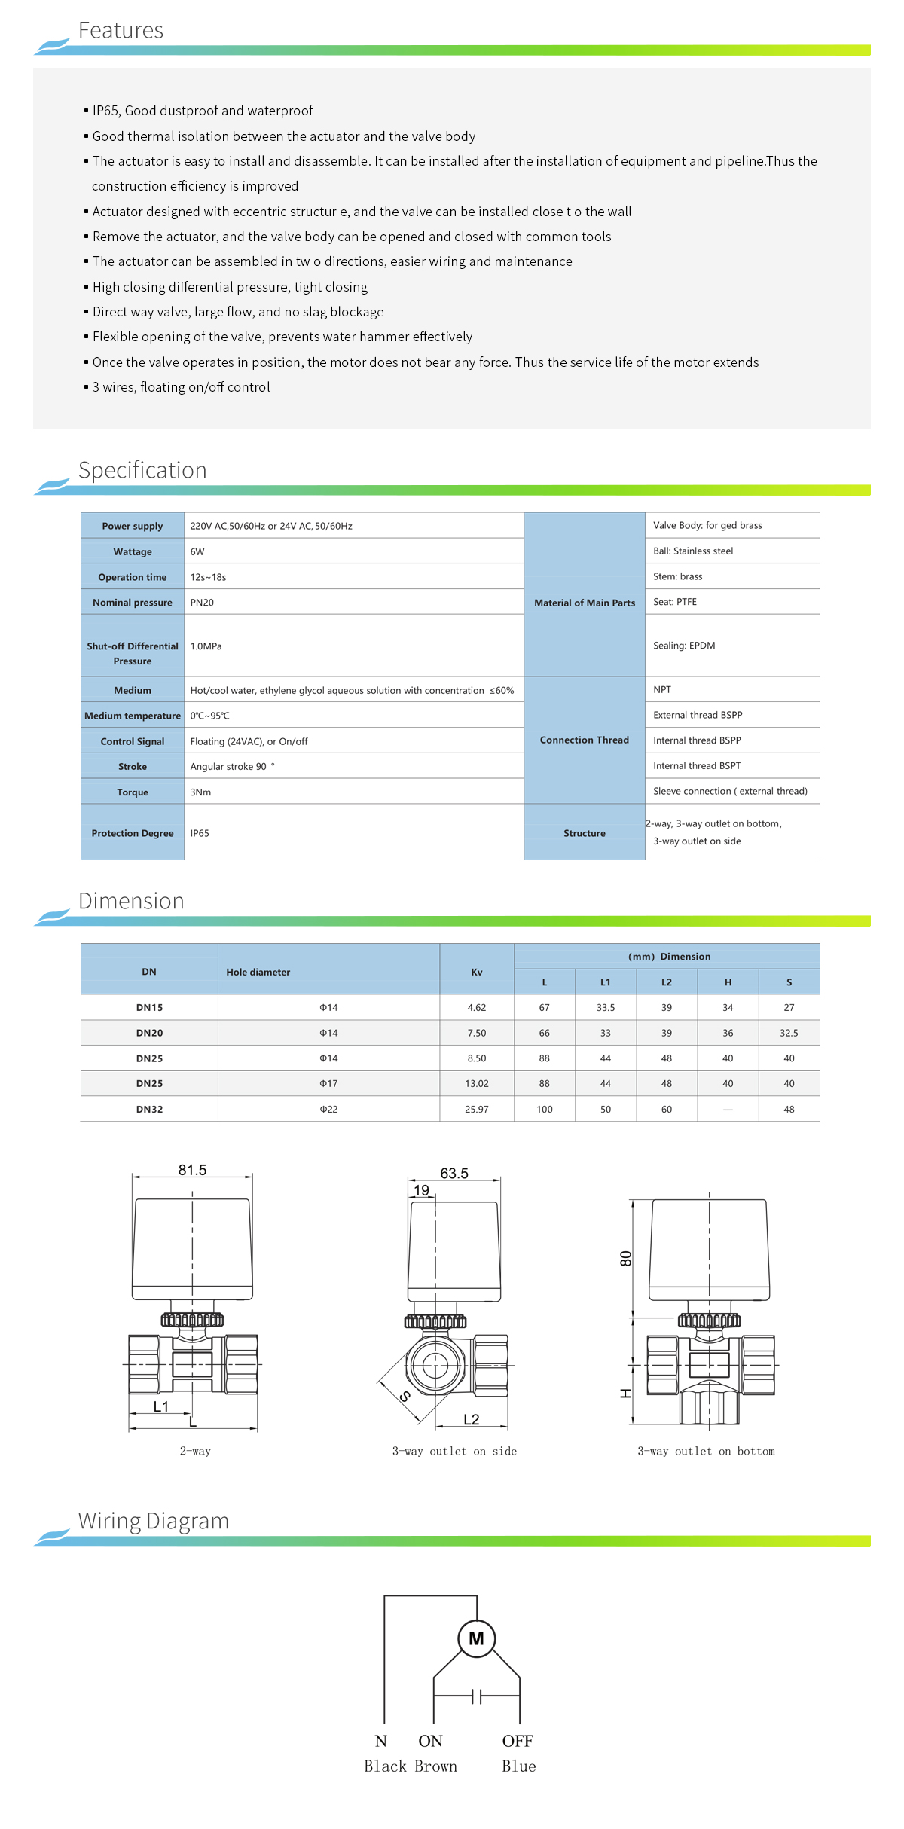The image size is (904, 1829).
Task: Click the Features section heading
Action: click(x=121, y=30)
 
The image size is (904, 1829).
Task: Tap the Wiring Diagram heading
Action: click(x=154, y=1520)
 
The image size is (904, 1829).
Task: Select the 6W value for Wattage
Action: click(x=197, y=551)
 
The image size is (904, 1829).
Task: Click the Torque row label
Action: click(x=133, y=792)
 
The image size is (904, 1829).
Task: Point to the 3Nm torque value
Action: click(x=200, y=792)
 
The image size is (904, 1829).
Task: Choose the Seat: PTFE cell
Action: click(x=675, y=602)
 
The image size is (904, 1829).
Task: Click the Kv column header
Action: click(x=477, y=972)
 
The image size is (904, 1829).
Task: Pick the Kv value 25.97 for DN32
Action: click(x=477, y=1109)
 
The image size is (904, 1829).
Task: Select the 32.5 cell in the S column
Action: click(x=789, y=1033)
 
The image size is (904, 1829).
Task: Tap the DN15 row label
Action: click(x=149, y=1007)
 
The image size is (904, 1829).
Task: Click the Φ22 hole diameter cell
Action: click(x=328, y=1109)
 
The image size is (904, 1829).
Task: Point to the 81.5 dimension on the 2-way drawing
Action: click(x=192, y=1170)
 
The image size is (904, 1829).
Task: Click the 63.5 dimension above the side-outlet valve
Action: click(x=454, y=1173)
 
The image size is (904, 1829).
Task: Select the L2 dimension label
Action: click(x=472, y=1419)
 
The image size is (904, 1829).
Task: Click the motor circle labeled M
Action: click(x=476, y=1638)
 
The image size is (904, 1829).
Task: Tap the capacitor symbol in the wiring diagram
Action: click(x=476, y=1696)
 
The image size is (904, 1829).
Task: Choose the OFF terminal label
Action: click(x=518, y=1741)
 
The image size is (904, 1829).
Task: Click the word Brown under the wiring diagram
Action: click(x=435, y=1766)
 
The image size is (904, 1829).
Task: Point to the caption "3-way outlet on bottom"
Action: click(x=706, y=1451)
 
